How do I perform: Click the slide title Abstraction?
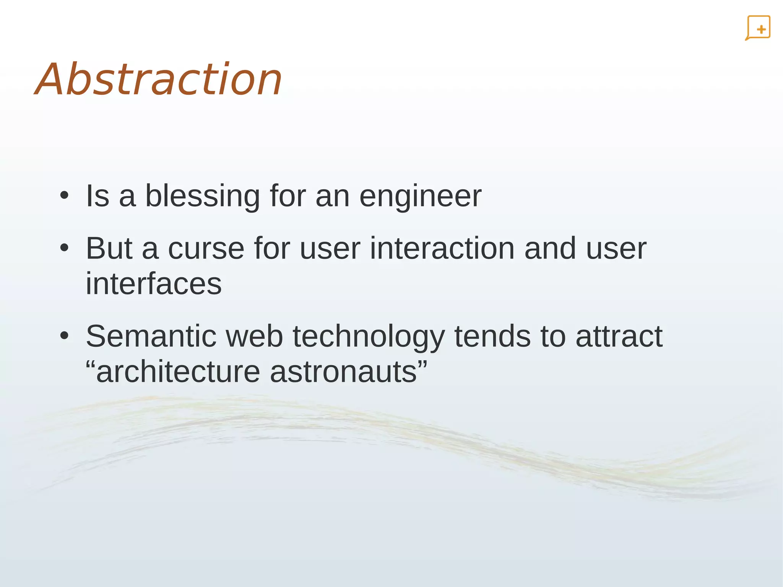159,80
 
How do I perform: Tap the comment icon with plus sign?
758,28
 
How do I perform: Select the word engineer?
420,197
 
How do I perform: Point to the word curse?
206,249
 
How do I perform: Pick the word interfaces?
153,284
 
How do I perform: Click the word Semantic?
151,337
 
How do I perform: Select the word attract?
619,337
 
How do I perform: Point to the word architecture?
177,372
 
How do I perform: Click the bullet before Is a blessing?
64,196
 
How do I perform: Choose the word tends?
492,337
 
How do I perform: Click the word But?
109,249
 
